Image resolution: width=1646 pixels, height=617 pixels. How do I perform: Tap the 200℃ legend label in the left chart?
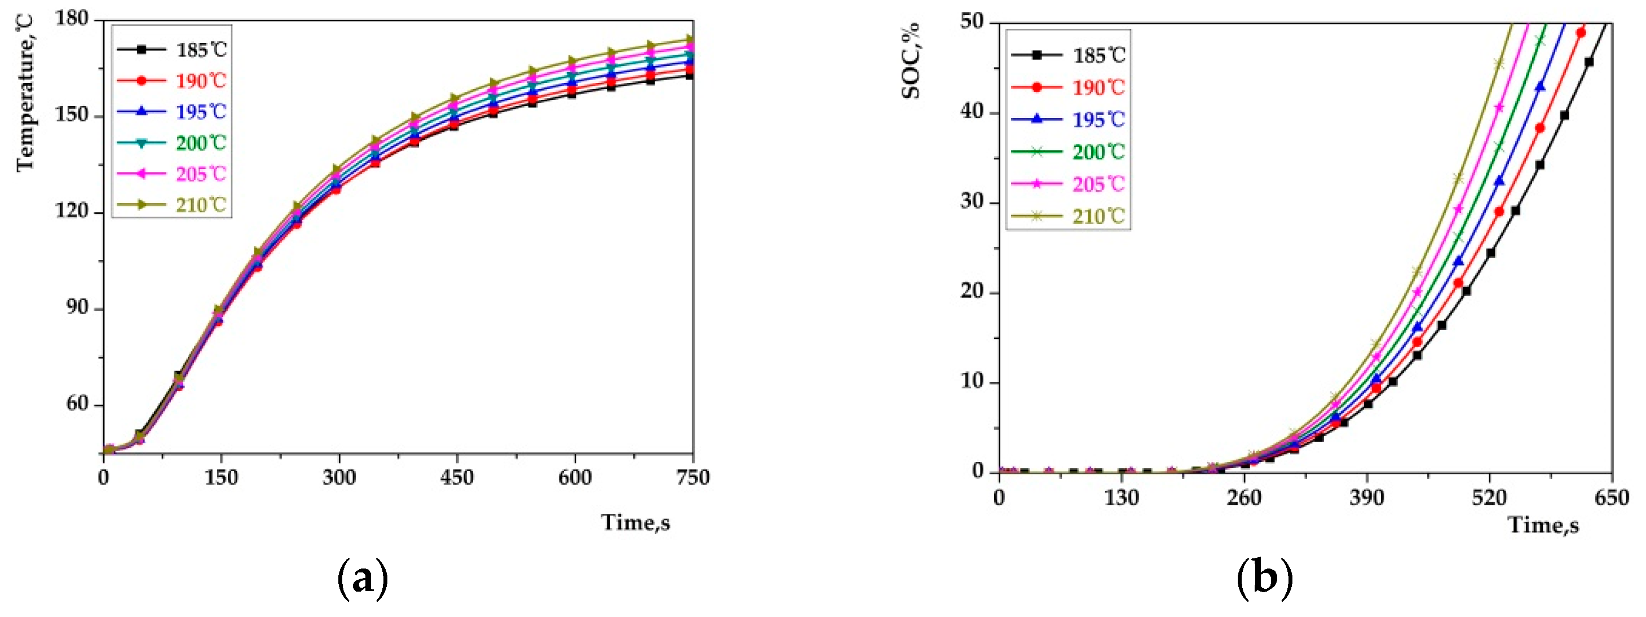(x=201, y=143)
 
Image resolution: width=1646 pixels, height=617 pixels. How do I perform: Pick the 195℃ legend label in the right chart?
(x=1098, y=120)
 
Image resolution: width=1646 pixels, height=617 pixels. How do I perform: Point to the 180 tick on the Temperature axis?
(x=72, y=19)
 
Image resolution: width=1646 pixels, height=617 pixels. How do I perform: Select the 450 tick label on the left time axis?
(x=457, y=478)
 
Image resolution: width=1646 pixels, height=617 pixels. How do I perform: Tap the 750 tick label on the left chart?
(x=692, y=478)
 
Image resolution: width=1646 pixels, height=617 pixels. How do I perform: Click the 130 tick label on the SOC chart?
(x=1122, y=497)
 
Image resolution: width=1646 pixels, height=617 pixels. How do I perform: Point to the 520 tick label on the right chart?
(x=1489, y=497)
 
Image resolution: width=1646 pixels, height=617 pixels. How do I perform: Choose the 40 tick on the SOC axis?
(x=972, y=113)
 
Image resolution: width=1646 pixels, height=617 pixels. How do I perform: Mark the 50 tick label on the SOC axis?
(x=972, y=23)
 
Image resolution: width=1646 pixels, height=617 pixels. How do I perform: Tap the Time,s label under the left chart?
(x=635, y=522)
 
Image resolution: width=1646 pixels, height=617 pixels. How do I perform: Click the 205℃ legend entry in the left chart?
(x=201, y=174)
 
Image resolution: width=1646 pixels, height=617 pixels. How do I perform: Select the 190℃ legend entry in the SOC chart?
(x=1098, y=87)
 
